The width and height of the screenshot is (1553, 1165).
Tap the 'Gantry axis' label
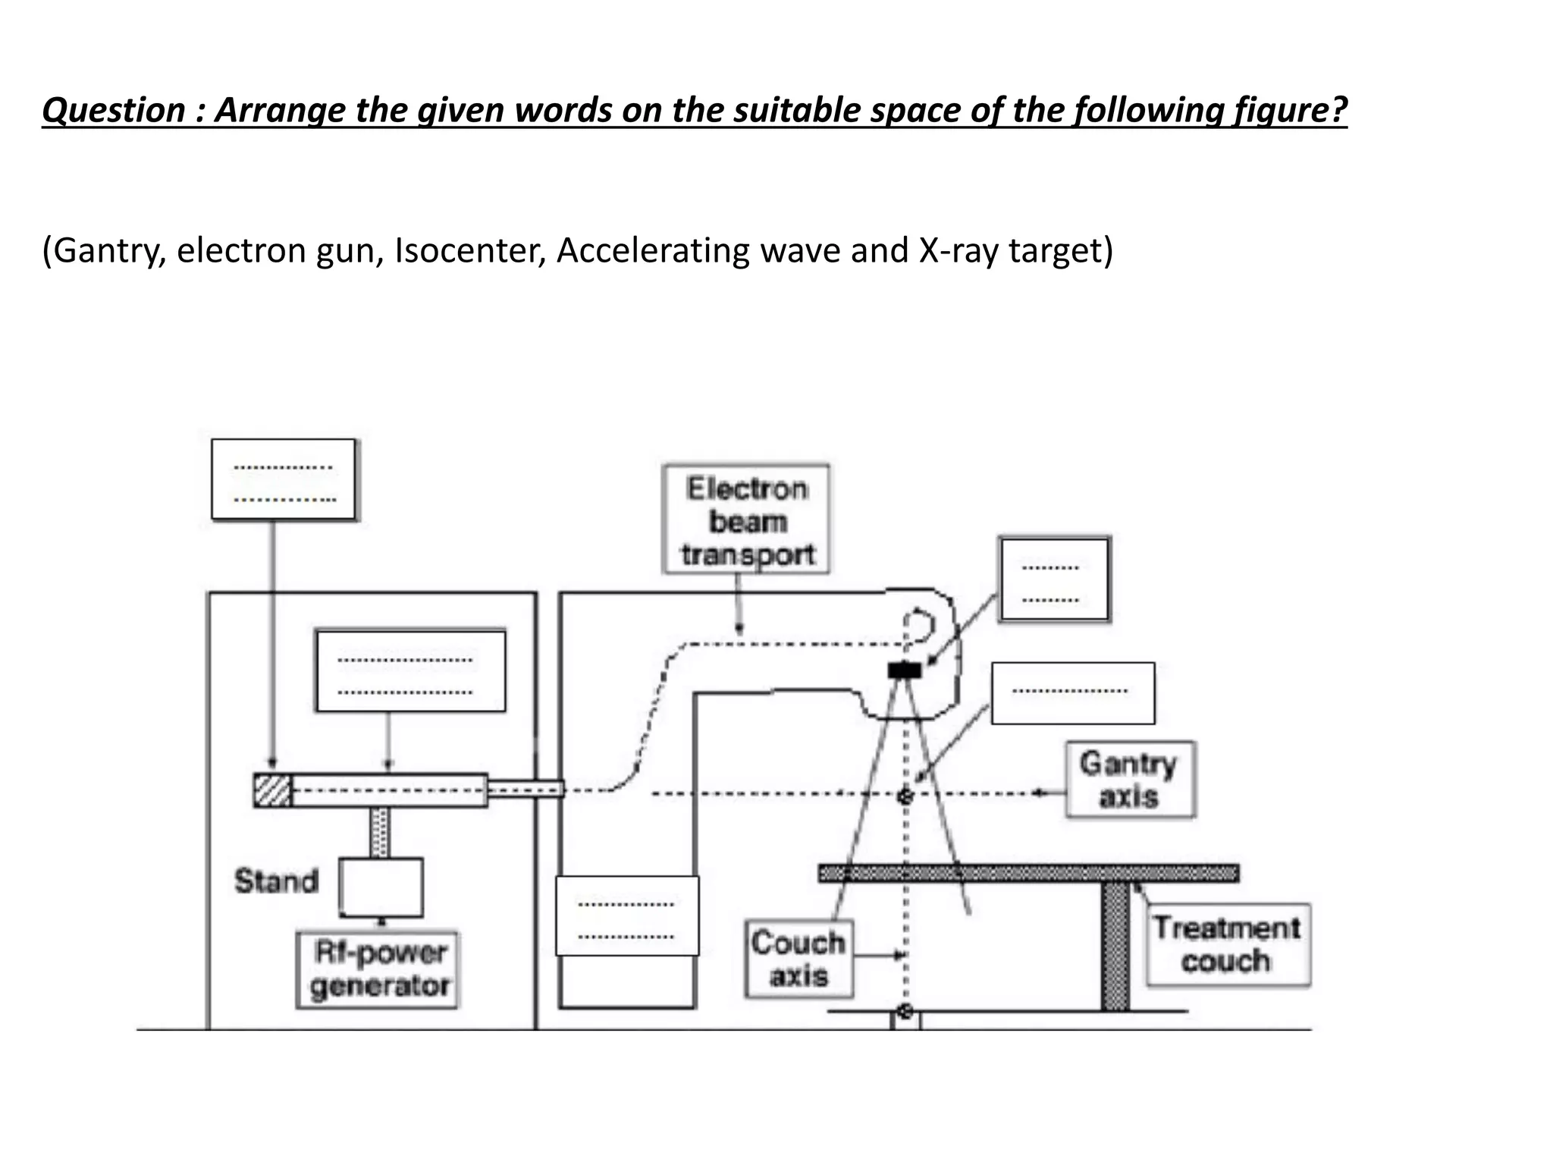click(x=1129, y=780)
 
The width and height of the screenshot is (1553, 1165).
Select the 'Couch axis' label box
click(x=798, y=959)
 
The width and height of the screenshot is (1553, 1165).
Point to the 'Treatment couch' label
click(x=1227, y=944)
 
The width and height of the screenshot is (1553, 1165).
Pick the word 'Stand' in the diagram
click(x=275, y=881)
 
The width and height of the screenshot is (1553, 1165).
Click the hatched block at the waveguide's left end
click(x=272, y=790)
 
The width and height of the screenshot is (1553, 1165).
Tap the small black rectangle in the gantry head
click(x=904, y=670)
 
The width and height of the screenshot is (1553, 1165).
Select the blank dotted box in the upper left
click(x=284, y=479)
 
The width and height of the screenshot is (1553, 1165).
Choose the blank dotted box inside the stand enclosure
click(x=410, y=671)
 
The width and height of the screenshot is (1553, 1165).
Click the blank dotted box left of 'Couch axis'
click(x=627, y=916)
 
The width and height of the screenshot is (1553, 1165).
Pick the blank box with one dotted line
click(x=1072, y=693)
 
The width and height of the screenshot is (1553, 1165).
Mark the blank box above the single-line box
click(x=1054, y=579)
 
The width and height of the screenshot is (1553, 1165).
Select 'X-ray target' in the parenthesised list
click(x=1012, y=251)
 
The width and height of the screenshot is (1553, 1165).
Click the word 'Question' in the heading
click(x=114, y=111)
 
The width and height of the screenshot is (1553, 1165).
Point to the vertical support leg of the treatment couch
click(x=1115, y=947)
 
